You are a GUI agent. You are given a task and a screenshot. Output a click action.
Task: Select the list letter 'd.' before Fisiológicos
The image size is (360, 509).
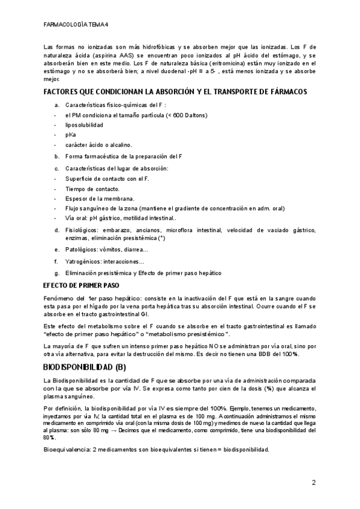click(57, 230)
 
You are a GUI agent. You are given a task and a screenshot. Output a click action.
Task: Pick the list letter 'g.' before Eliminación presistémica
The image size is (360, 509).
click(56, 273)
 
